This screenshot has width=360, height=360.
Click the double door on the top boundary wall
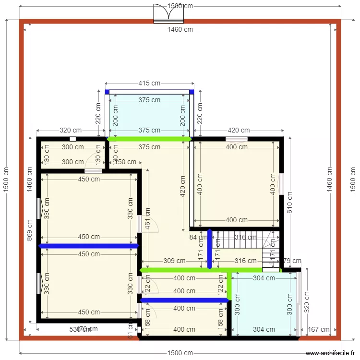168,14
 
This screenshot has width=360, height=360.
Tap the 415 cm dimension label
149,83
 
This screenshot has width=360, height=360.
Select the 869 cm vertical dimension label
30,230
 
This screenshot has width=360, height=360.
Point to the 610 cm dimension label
289,202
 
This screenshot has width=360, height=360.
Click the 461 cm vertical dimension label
148,217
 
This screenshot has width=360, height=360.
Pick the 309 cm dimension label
174,261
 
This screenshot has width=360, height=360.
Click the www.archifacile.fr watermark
331,352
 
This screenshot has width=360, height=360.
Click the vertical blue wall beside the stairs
209,249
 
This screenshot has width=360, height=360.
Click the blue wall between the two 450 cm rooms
89,246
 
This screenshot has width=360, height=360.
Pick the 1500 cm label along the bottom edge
180,353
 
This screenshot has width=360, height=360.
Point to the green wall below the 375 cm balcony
149,139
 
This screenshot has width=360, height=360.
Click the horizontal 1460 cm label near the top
180,29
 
